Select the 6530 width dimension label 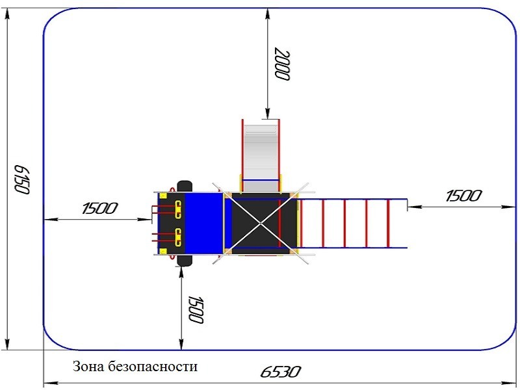(x=280, y=372)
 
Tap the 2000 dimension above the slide (x=281, y=64)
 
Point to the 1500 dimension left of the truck (x=100, y=209)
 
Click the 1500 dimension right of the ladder (x=464, y=196)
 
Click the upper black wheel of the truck (x=183, y=187)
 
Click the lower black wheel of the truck (x=184, y=259)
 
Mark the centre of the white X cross (x=261, y=223)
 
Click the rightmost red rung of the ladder (x=388, y=223)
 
